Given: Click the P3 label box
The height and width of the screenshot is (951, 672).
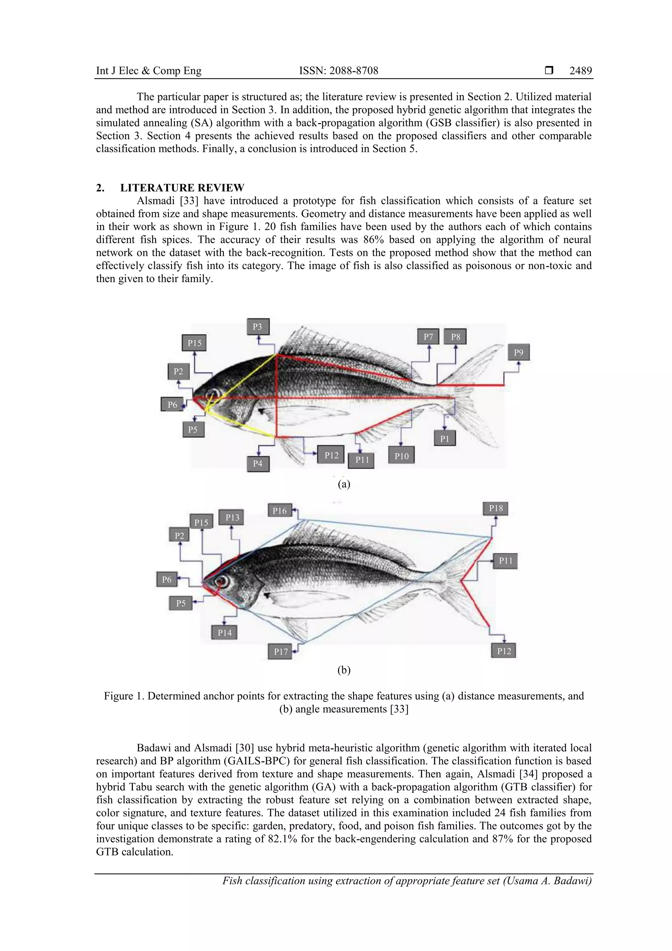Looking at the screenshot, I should click(x=258, y=327).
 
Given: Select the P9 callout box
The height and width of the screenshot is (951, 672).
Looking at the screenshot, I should click(x=518, y=353).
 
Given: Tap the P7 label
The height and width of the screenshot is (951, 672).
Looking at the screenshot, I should click(x=428, y=337).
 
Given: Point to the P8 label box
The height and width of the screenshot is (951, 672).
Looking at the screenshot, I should click(x=455, y=337).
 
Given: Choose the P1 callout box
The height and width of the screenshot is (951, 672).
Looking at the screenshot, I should click(x=445, y=439).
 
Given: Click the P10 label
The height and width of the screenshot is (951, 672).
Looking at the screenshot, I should click(x=401, y=456).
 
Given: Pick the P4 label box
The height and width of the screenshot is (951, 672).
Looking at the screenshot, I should click(x=258, y=464).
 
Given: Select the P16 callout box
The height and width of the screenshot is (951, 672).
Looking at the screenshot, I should click(x=280, y=511).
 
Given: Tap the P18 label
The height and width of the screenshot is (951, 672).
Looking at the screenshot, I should click(x=495, y=508).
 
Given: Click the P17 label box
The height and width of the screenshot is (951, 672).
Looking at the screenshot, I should click(x=281, y=652).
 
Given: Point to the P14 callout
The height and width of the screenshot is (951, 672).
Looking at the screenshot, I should click(x=224, y=633).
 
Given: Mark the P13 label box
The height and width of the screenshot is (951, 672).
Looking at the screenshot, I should click(x=232, y=517).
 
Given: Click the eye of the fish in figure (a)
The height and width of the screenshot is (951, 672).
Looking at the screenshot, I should click(x=213, y=394).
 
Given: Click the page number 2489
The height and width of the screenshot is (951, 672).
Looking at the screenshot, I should click(x=580, y=71).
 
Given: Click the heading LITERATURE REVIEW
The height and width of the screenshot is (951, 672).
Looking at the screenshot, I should click(x=182, y=188).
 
